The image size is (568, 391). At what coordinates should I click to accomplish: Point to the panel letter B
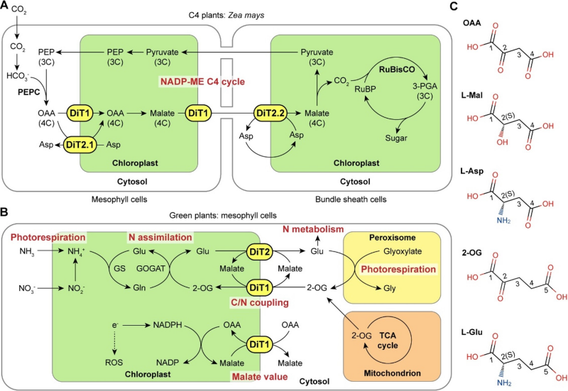pyautogui.click(x=5, y=211)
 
